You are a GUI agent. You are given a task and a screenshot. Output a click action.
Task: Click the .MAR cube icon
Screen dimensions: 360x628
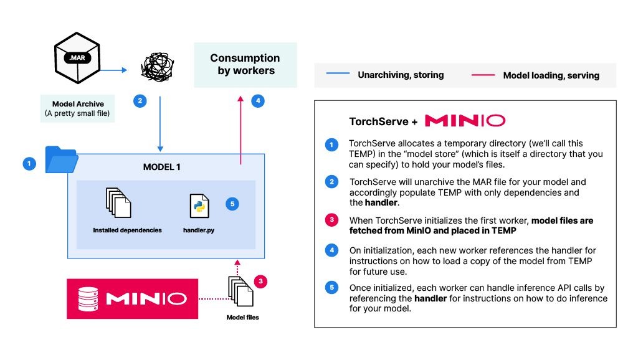74,59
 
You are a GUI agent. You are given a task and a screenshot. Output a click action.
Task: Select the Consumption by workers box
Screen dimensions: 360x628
245,64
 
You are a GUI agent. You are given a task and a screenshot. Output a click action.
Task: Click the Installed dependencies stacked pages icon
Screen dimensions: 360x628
118,202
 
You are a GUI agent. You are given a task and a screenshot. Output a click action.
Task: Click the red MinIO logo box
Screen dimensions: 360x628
132,299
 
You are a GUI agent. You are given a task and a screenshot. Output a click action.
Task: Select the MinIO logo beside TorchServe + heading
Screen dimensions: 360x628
464,121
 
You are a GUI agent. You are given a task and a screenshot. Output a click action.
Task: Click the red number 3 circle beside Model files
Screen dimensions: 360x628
262,282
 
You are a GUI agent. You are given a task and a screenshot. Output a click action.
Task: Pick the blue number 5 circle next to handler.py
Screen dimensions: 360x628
232,204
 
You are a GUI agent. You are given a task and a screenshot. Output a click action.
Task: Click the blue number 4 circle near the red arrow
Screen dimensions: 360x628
257,100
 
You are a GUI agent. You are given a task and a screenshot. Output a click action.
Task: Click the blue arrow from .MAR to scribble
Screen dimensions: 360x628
112,70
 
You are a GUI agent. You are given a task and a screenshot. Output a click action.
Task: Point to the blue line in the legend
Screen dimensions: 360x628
337,75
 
